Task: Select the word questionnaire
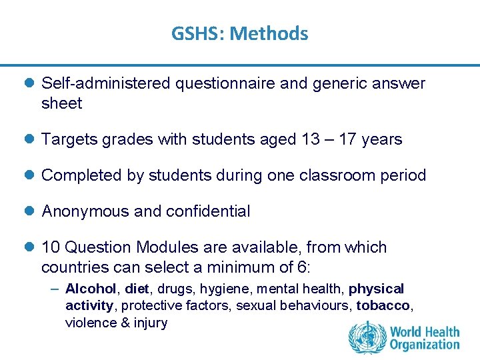click(215, 83)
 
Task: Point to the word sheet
click(61, 103)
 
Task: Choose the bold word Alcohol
click(91, 289)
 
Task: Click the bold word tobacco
click(383, 306)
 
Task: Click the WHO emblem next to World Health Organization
click(366, 337)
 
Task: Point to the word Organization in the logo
click(425, 345)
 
